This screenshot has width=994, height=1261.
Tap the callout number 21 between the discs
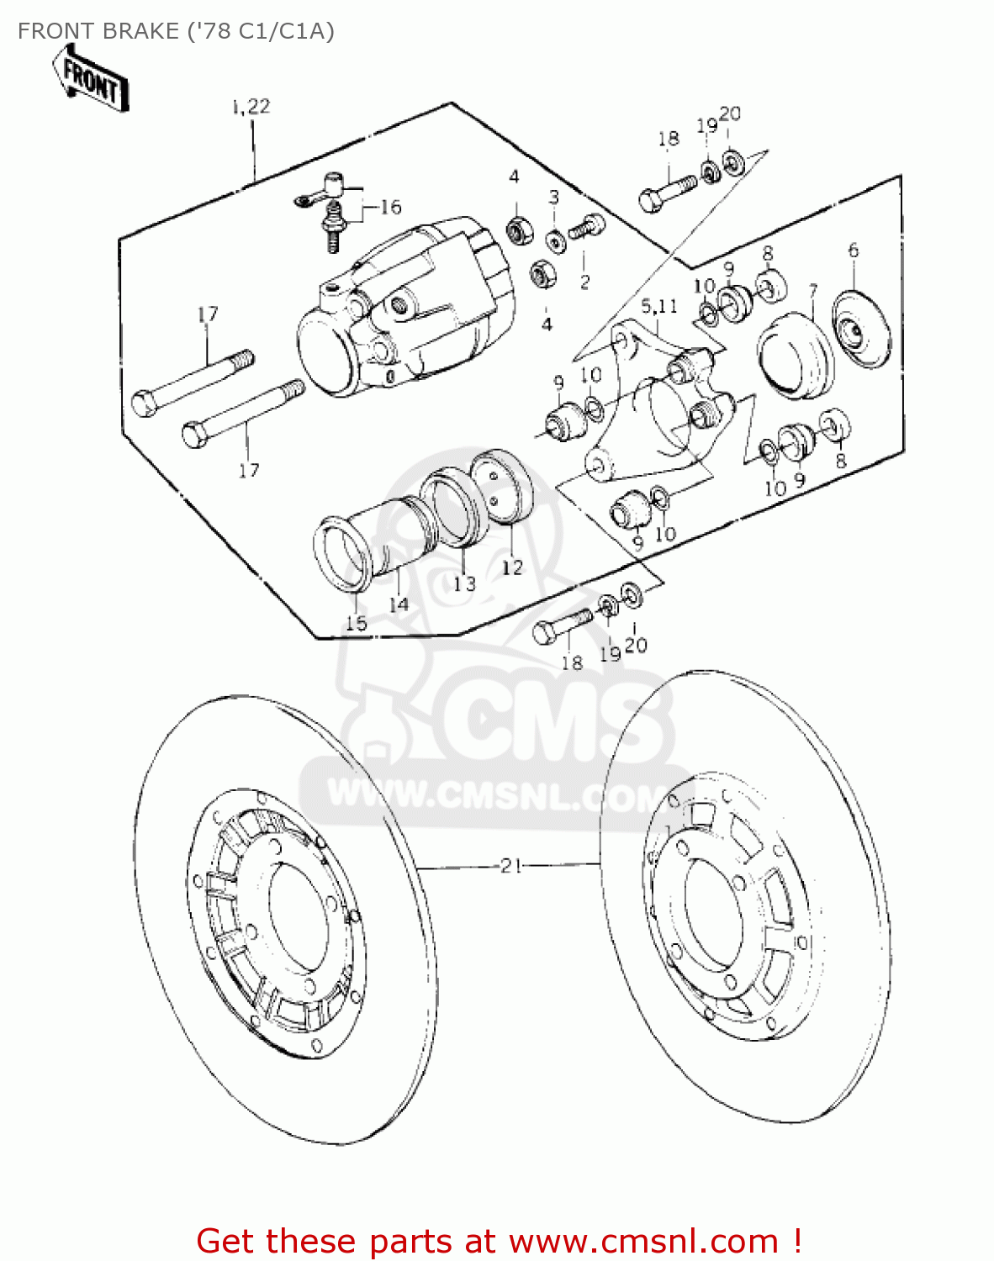click(x=511, y=865)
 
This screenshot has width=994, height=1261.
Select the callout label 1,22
click(x=251, y=106)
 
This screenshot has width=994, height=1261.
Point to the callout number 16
click(x=390, y=207)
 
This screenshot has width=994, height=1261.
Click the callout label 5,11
click(x=659, y=305)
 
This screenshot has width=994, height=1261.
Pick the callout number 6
click(x=854, y=250)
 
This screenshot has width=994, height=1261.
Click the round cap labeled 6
click(x=860, y=330)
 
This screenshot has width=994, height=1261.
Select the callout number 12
click(x=512, y=567)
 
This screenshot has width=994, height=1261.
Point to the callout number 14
click(x=399, y=604)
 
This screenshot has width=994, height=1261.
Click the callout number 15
click(x=357, y=623)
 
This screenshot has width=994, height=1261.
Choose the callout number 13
click(x=464, y=583)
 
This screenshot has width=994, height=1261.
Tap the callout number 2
click(x=585, y=282)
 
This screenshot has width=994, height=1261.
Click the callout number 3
click(x=553, y=197)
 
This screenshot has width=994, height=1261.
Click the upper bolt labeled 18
click(x=668, y=191)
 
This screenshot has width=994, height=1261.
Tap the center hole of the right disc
click(x=714, y=903)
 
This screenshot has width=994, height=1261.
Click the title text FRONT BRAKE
click(x=98, y=31)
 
